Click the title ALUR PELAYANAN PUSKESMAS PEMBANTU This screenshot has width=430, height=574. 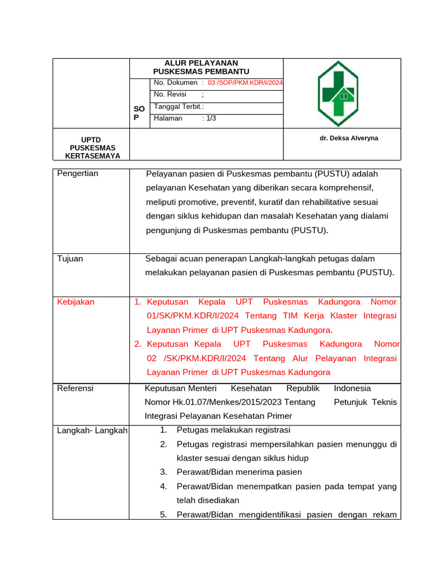click(201, 67)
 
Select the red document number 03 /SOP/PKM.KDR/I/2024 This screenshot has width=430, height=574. click(245, 83)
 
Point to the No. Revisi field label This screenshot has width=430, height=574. click(170, 95)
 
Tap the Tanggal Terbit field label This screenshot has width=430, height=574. click(178, 107)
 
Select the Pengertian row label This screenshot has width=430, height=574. click(78, 173)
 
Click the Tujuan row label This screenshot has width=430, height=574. click(70, 258)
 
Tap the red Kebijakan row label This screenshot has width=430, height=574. click(76, 302)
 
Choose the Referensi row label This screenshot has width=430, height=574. click(76, 388)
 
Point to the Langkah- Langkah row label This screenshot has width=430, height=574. click(92, 430)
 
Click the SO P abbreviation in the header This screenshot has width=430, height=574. click(139, 113)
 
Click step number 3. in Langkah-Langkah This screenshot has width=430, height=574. click(163, 472)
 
